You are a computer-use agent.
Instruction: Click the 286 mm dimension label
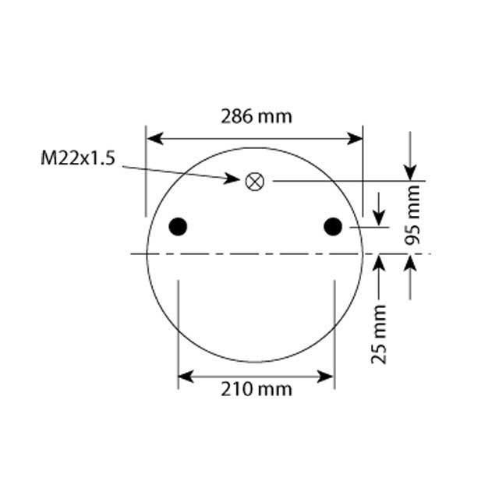point(256,117)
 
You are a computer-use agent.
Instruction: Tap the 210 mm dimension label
point(256,388)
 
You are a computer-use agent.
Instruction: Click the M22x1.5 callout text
point(78,159)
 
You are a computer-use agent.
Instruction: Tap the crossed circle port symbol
point(255,181)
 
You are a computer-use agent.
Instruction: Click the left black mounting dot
point(179,227)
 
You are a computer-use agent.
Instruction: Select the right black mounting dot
point(333,227)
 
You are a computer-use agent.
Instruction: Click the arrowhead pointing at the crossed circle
point(233,179)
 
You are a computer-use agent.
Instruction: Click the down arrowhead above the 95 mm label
point(410,173)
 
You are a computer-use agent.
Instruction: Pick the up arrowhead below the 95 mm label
point(410,262)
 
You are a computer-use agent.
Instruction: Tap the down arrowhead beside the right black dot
point(379,218)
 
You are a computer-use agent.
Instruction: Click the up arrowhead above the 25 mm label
point(379,262)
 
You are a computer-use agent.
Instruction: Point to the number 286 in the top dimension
point(236,117)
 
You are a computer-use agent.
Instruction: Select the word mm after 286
point(275,117)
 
